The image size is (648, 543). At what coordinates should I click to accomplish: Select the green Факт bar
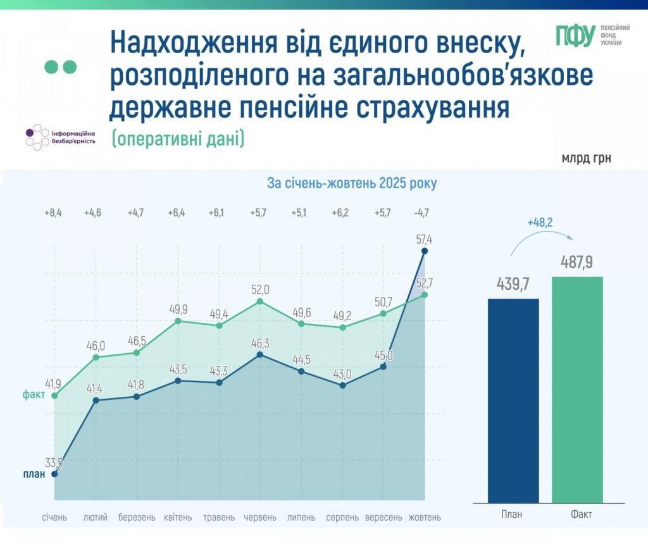point(577,389)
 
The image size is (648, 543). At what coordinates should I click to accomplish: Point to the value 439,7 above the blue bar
point(513,284)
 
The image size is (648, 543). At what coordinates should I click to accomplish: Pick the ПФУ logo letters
point(575,36)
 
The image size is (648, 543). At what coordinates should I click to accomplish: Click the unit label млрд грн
point(586,158)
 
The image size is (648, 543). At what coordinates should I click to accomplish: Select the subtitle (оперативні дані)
point(178,138)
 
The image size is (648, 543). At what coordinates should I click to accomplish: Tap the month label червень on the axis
point(260,517)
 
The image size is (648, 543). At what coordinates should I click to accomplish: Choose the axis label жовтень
point(425,517)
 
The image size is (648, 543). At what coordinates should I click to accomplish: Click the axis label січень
point(54,517)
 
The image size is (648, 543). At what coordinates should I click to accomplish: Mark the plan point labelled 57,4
point(425,251)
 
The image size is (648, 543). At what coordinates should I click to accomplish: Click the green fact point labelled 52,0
point(260,302)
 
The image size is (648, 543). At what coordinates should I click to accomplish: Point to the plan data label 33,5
point(54,463)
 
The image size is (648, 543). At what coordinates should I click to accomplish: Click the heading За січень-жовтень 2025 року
point(351,184)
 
